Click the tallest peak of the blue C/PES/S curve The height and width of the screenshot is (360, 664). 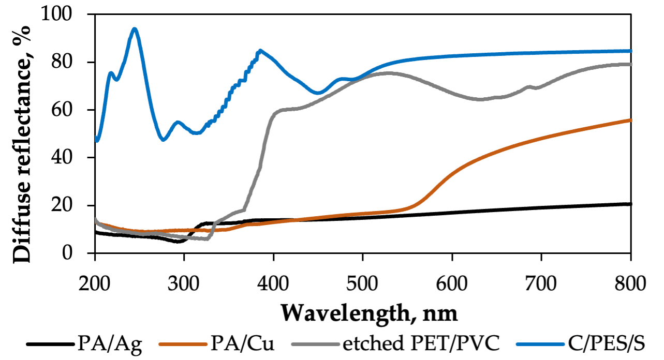135,29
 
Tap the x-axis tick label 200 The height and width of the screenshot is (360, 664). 95,284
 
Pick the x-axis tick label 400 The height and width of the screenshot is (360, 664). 273,284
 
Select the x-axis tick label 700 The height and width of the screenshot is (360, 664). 541,284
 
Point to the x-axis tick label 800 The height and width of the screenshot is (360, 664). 630,284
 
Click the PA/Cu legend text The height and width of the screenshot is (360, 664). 242,343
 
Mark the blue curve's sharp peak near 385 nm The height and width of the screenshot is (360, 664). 260,50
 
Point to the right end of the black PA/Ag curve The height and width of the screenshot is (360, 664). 630,204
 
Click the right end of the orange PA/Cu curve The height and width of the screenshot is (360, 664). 630,120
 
